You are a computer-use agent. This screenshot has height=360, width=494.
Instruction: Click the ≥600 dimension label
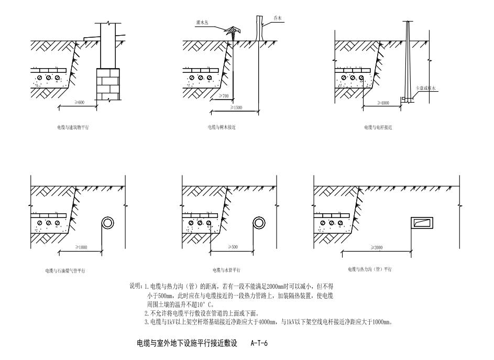(79, 102)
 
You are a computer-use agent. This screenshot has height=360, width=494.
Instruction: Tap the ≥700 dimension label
(225, 96)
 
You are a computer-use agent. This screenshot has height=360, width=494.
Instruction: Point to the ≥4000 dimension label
(383, 103)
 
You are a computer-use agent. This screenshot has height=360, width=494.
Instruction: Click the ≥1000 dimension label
(82, 247)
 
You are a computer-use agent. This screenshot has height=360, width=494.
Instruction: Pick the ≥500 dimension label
(233, 247)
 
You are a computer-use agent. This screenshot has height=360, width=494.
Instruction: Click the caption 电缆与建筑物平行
(73, 127)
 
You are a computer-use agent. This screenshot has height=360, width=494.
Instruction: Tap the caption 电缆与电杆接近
(378, 127)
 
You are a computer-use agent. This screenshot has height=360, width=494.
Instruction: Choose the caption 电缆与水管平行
(226, 270)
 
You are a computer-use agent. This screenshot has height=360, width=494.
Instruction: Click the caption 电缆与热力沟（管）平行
(370, 269)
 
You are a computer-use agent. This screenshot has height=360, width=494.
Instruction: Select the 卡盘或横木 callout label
(425, 89)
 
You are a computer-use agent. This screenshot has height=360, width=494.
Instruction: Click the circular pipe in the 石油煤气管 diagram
(108, 223)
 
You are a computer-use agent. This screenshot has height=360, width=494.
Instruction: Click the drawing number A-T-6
(260, 344)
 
